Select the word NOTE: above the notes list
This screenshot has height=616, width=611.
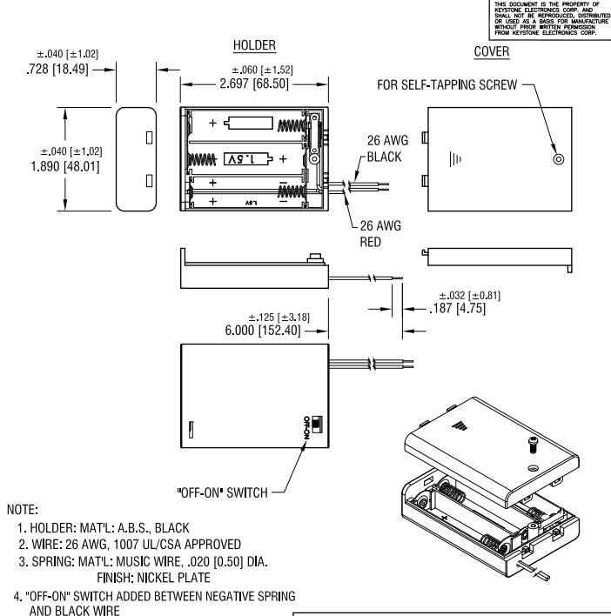pyautogui.click(x=26, y=506)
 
